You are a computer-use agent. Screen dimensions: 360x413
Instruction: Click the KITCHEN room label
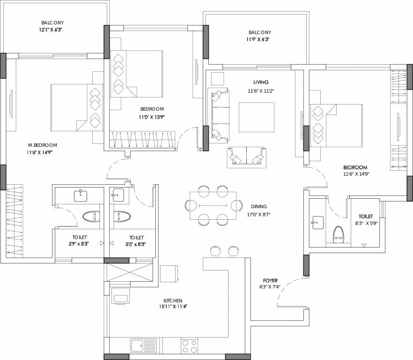coord(172,300)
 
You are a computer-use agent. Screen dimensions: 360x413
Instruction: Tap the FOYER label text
coord(270,280)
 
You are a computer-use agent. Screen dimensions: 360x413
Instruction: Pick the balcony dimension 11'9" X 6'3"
coord(259,40)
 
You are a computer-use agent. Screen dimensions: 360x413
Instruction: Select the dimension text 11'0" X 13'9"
coord(151,117)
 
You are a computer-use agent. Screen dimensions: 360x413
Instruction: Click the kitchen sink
coord(137,346)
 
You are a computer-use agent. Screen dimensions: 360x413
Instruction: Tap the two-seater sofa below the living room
coord(245,158)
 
